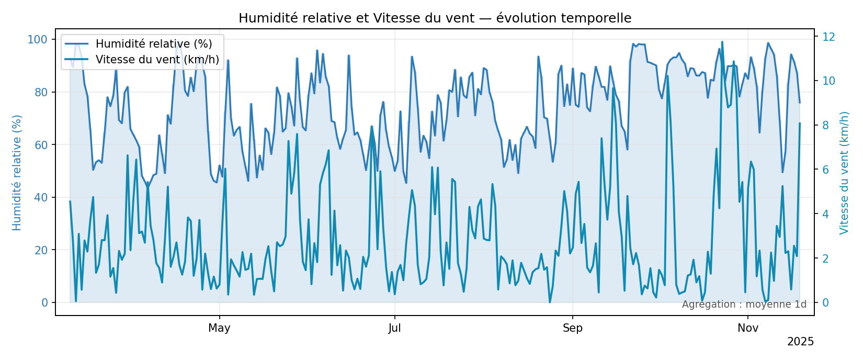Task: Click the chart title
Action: click(435, 18)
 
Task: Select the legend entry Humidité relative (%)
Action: click(154, 44)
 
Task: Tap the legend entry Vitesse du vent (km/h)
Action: click(157, 60)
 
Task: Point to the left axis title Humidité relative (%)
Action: click(17, 172)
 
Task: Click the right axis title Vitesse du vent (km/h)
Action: click(844, 172)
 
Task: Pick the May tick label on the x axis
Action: click(219, 328)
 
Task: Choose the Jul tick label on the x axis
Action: click(394, 328)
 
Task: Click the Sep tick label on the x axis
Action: click(573, 328)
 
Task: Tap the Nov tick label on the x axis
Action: click(748, 328)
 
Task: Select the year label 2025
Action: click(800, 342)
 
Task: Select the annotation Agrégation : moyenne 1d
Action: click(744, 305)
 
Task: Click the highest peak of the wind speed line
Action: click(722, 42)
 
